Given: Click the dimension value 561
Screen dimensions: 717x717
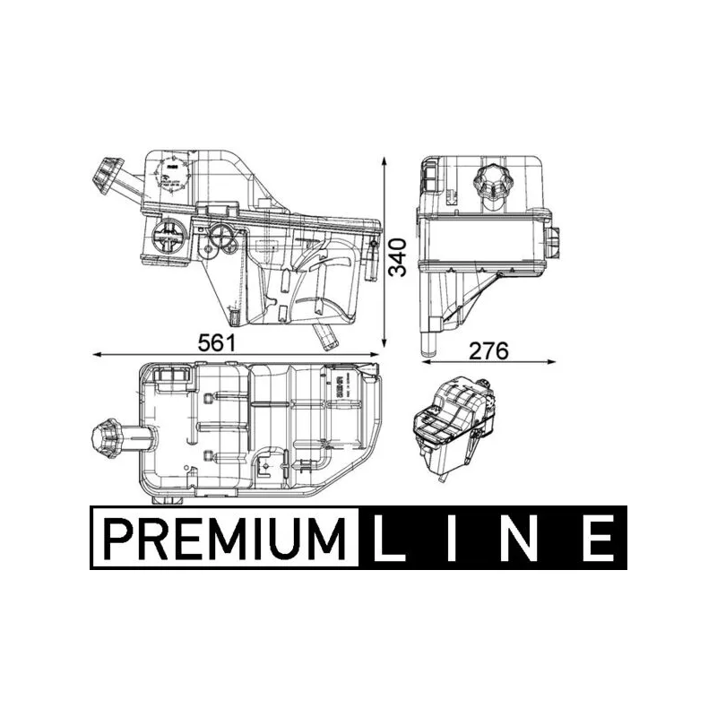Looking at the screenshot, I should point(218,343).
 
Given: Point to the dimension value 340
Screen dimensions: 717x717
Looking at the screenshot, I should point(405,255).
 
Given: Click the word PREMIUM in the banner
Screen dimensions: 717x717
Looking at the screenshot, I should point(225,538).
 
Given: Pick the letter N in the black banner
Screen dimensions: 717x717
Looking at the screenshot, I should point(529,538).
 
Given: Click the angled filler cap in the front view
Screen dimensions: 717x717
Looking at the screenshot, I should point(109,171).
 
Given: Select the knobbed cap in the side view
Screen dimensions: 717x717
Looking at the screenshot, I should point(491,183).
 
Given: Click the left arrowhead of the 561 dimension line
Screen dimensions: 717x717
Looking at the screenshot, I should point(97,355).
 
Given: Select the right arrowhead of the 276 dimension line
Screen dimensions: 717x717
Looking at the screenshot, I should point(552,362).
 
